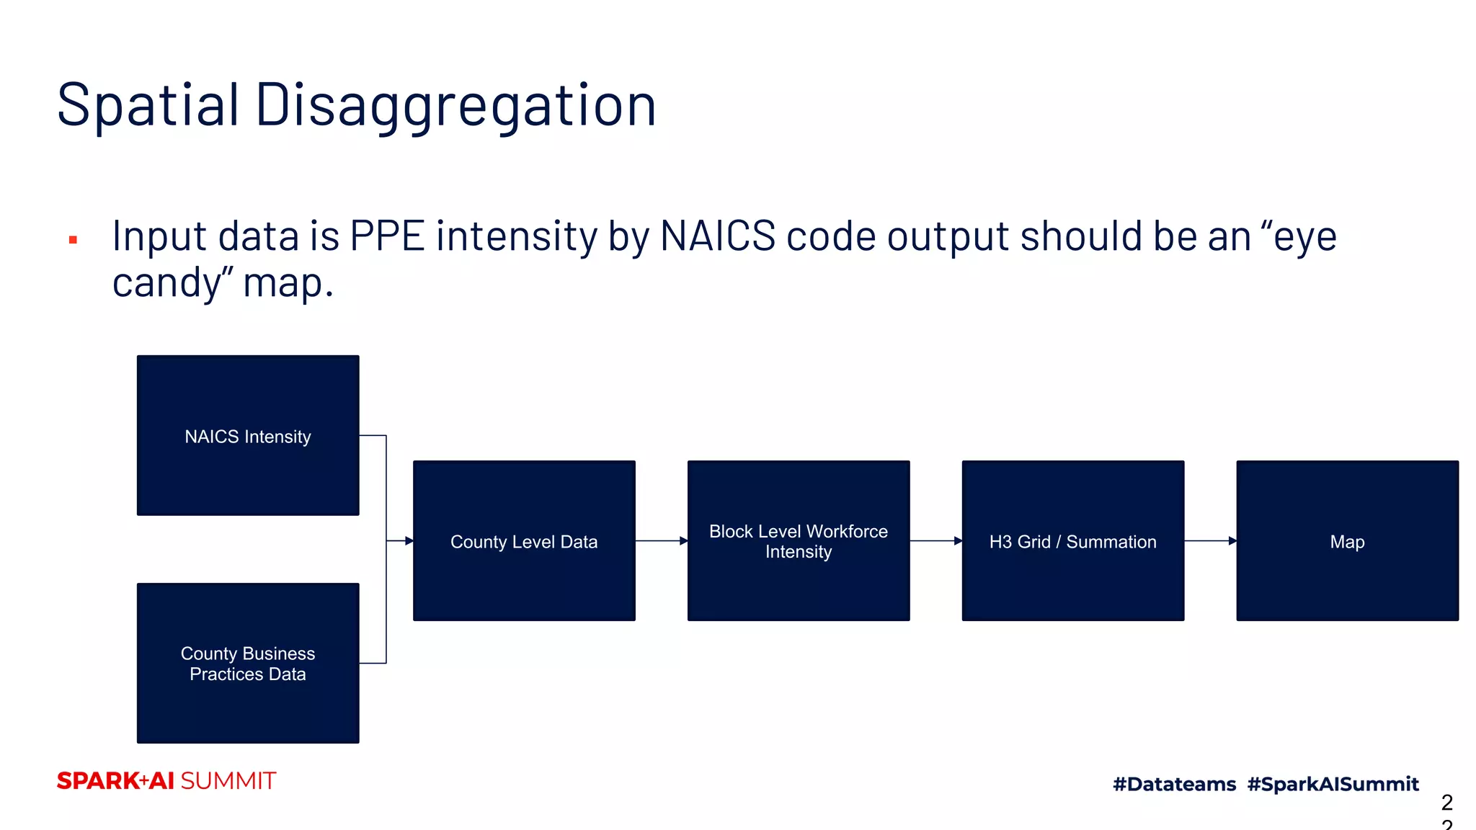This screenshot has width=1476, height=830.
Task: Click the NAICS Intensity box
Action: (x=248, y=435)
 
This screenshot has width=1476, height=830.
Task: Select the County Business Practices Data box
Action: (x=248, y=663)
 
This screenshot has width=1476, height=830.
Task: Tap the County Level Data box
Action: (x=524, y=540)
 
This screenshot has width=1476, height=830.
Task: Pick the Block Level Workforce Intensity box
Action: (x=799, y=540)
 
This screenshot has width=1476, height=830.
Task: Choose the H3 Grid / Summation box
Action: (x=1072, y=540)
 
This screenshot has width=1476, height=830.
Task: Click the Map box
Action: (x=1347, y=540)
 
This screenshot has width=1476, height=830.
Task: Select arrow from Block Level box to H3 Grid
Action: (x=935, y=540)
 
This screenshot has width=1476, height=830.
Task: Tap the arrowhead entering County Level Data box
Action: (x=408, y=540)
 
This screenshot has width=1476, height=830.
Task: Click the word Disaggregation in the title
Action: (x=455, y=105)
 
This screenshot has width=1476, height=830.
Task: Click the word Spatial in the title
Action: (x=148, y=105)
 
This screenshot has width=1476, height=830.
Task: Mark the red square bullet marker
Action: (x=73, y=240)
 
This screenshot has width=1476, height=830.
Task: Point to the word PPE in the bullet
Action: (x=388, y=236)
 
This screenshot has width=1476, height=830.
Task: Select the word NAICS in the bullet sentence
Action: (x=718, y=236)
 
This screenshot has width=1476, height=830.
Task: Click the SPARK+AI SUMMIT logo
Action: (x=166, y=781)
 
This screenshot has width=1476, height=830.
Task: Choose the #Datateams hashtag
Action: (x=1174, y=784)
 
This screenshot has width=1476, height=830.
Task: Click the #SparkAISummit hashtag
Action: (x=1333, y=784)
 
